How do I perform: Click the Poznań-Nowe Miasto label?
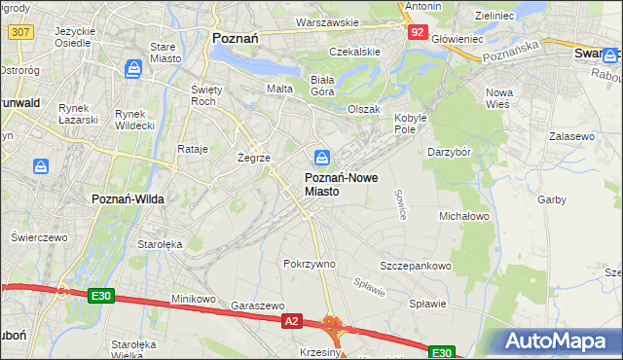(335, 185)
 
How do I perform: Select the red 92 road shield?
(418, 31)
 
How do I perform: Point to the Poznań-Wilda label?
(128, 198)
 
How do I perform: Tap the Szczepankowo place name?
(416, 266)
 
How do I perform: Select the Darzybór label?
(449, 152)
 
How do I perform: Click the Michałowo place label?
(463, 215)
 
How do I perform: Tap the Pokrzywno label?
(309, 264)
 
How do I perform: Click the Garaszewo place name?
(256, 305)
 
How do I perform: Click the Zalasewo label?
(571, 137)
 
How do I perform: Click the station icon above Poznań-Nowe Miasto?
(322, 157)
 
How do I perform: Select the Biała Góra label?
(322, 86)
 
